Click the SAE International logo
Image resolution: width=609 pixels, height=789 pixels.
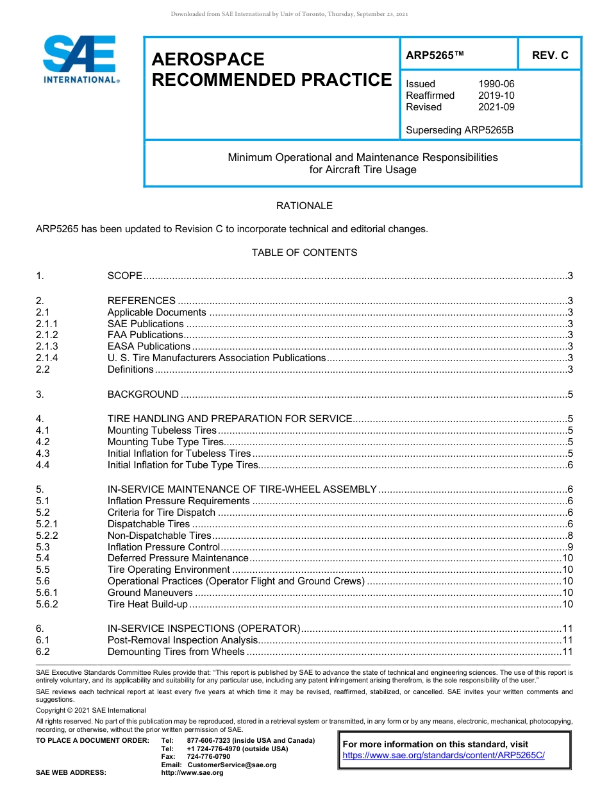pos(79,59)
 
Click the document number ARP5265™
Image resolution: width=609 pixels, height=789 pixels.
pos(435,55)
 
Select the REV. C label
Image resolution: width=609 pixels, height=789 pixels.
pos(550,55)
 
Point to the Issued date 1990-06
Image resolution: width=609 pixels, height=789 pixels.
pos(496,84)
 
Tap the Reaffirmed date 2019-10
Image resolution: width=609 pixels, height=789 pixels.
pos(496,96)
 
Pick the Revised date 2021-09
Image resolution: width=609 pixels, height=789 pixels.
pos(496,107)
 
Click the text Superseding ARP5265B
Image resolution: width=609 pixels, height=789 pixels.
pos(460,130)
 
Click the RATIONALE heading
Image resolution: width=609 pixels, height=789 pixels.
pos(304,206)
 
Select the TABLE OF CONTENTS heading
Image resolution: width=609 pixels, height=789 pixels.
pos(304,253)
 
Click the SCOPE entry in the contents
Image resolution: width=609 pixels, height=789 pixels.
pos(125,276)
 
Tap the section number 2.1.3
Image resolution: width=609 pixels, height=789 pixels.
pos(47,346)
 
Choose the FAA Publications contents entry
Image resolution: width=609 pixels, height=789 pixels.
pos(145,335)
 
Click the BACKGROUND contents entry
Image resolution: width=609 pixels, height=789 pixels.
pos(143,394)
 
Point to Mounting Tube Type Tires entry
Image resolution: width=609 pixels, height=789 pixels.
pos(165,442)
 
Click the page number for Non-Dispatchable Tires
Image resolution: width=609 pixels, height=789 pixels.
pos(569,536)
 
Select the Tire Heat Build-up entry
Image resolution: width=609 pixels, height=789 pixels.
pos(147,604)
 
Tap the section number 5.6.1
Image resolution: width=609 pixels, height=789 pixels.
pos(47,593)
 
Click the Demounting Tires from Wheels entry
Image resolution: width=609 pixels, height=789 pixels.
pos(176,652)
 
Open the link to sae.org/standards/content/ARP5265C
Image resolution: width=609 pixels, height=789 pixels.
pos(444,756)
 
